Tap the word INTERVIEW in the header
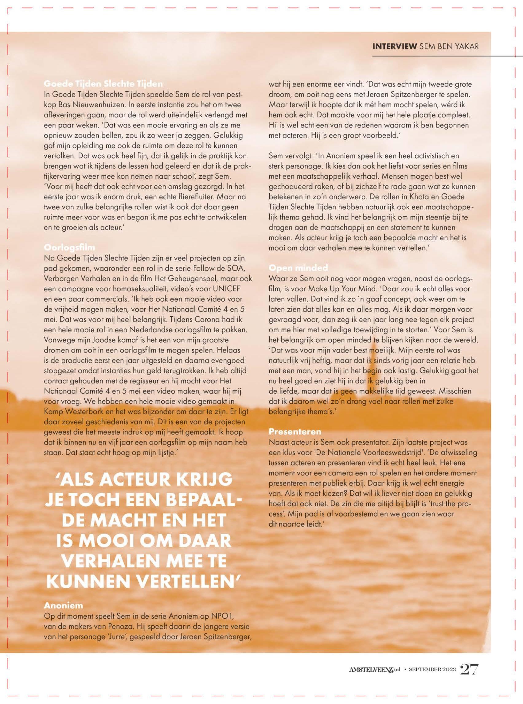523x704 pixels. click(394, 46)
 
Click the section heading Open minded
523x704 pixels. click(298, 268)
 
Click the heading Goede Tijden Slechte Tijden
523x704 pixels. click(103, 84)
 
